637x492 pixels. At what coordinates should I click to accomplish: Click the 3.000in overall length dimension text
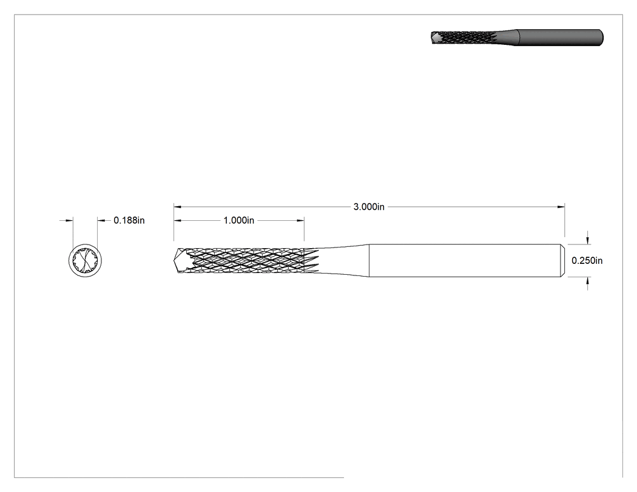pyautogui.click(x=369, y=207)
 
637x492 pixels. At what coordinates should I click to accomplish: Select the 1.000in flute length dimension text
pyautogui.click(x=239, y=220)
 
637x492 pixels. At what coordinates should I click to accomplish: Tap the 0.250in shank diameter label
pyautogui.click(x=587, y=260)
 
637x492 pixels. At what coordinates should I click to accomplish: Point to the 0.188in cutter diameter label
pyautogui.click(x=129, y=220)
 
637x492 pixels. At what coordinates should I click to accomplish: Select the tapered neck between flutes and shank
pyautogui.click(x=344, y=260)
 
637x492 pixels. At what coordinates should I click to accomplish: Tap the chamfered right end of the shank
pyautogui.click(x=562, y=260)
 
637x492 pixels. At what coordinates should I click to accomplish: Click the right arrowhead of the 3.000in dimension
pyautogui.click(x=561, y=207)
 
